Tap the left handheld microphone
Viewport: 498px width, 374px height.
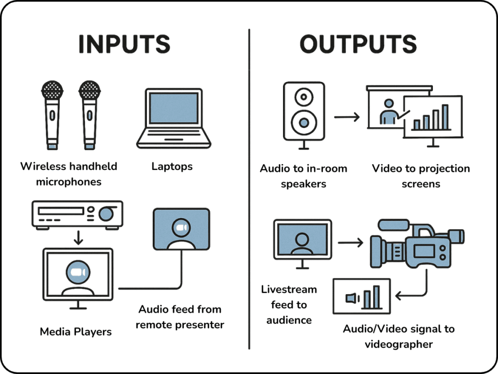pos(52,115)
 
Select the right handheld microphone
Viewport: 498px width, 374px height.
pos(89,115)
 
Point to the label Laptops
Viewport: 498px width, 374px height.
pos(172,167)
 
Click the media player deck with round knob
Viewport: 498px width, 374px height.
pos(77,214)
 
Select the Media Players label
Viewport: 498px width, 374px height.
pos(75,332)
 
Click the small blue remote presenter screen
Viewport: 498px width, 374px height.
pos(181,229)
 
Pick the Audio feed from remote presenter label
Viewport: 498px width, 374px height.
pos(179,317)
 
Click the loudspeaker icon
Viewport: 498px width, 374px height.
pos(303,112)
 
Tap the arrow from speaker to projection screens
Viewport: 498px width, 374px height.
pos(346,117)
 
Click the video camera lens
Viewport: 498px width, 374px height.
pos(378,249)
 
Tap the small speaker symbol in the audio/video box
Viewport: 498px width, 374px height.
pos(351,298)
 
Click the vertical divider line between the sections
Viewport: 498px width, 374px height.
pos(249,190)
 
